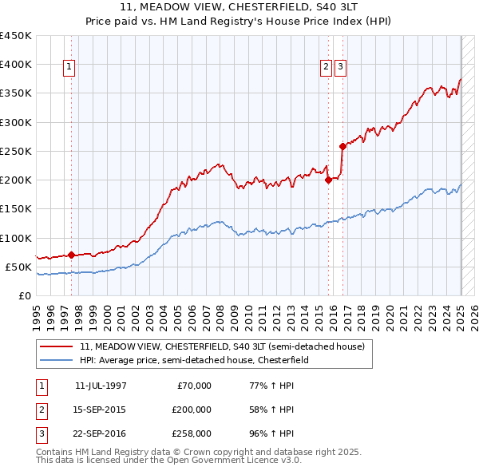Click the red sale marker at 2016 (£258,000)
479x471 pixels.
342,146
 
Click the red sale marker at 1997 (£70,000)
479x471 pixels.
71,255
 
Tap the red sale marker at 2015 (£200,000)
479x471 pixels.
328,180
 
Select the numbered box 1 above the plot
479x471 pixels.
70,68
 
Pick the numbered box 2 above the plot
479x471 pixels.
327,68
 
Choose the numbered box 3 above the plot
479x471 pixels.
341,68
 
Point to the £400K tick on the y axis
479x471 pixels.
16,65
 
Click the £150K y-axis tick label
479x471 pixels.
16,209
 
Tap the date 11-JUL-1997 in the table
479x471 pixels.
101,386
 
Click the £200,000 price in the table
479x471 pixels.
192,410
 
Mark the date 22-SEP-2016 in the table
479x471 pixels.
101,433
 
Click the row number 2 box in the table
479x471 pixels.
40,410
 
